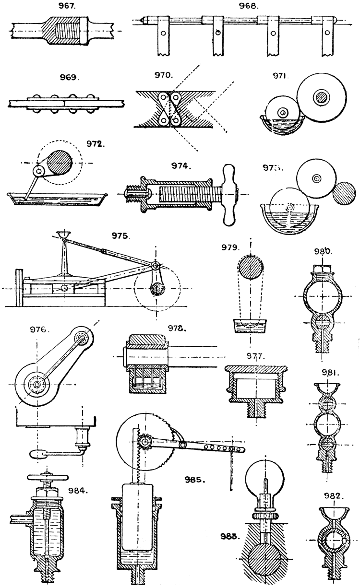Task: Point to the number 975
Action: click(x=119, y=235)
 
